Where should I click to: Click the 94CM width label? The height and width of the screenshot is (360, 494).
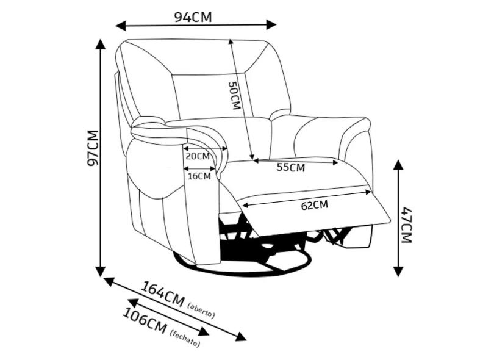193,17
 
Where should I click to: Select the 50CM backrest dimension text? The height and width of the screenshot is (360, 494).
234,96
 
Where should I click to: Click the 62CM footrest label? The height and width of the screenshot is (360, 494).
315,206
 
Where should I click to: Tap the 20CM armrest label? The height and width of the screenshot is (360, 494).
197,156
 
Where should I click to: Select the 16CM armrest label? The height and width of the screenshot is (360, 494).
199,176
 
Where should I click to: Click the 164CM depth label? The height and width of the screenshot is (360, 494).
163,293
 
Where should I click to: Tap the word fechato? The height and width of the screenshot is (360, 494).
185,337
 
